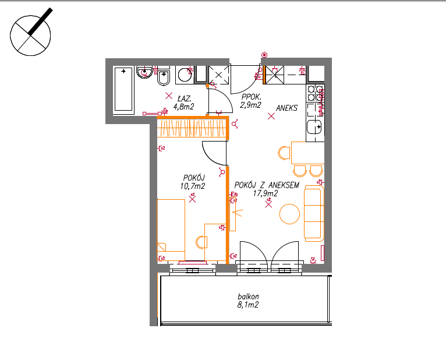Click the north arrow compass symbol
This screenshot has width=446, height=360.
pos(30,36)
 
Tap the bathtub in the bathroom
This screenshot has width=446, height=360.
pos(123,89)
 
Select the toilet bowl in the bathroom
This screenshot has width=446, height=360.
pos(164,77)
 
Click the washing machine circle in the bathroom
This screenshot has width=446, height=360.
pos(185,75)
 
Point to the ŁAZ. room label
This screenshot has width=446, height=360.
pos(185,98)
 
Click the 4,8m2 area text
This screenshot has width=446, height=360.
pos(183,107)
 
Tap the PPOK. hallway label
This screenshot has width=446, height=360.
pos(251,97)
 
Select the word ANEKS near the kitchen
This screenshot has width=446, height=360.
pos(286,108)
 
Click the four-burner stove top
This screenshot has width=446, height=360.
pos(315,93)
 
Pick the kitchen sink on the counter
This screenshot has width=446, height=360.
pos(314,126)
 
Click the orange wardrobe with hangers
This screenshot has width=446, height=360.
pos(192,127)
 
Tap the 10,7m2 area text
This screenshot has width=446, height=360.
pos(192,186)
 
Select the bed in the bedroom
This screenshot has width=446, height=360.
pos(171,225)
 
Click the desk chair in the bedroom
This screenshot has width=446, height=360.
pos(201,242)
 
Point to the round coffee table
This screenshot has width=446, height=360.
pos(289,214)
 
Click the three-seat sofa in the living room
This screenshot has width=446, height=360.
pos(314,213)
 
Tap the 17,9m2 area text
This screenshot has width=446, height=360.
pos(266,193)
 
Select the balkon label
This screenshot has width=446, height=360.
pos(248,297)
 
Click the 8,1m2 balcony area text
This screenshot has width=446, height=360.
pos(248,305)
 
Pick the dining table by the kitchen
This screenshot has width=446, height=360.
pos(308,153)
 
